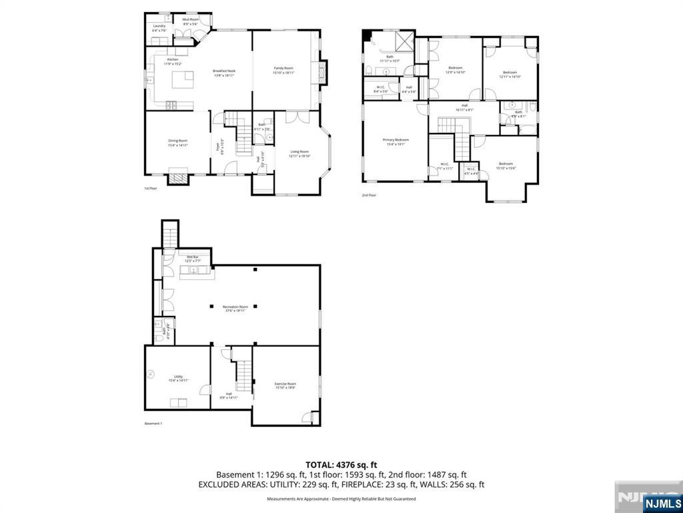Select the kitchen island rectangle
(x=182, y=80)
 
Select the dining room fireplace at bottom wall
(x=177, y=178)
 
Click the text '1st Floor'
(x=151, y=189)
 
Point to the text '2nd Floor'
(x=370, y=195)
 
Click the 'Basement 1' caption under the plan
(x=153, y=423)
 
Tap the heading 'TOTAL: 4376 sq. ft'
(x=341, y=465)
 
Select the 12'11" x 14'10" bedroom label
(x=510, y=74)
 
